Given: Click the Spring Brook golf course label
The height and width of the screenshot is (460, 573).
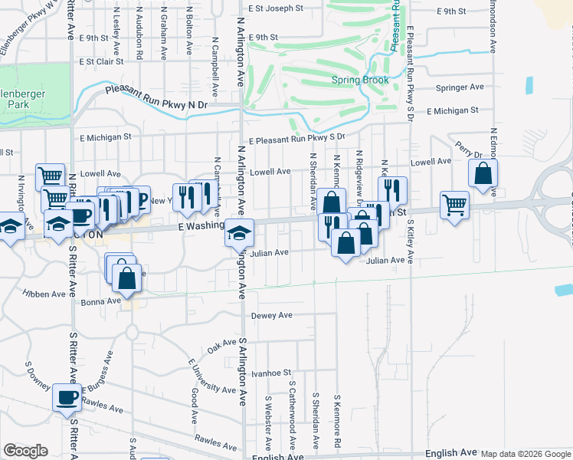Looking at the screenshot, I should click(x=359, y=80).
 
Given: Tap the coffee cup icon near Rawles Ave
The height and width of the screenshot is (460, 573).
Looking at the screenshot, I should click(x=67, y=398).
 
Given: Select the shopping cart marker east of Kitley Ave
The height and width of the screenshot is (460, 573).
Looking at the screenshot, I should click(x=454, y=205).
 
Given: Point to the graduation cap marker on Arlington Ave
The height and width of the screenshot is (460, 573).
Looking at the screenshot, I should click(x=239, y=232).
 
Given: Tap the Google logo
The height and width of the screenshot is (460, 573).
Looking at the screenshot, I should click(x=25, y=451).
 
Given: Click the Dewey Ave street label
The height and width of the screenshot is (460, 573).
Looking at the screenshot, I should click(x=272, y=315).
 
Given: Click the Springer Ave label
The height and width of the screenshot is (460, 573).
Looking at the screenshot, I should click(x=460, y=87).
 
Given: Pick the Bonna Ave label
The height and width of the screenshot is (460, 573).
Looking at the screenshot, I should click(x=101, y=302).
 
